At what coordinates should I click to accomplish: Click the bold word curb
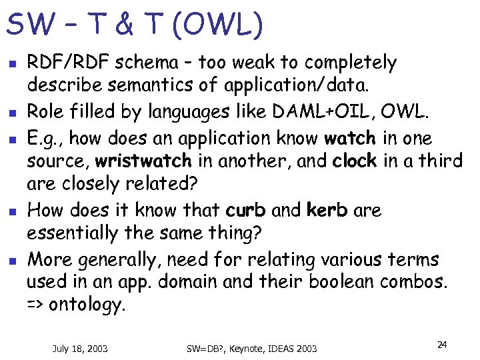(246, 211)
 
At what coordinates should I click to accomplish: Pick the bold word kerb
(327, 211)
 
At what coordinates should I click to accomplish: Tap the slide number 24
(441, 345)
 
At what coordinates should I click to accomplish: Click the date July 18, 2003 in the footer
(80, 348)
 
